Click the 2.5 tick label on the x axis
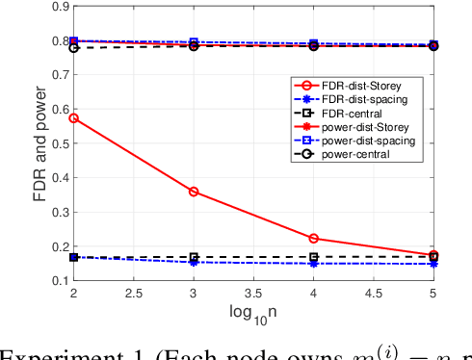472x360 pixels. pyautogui.click(x=134, y=293)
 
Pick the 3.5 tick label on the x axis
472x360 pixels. pyautogui.click(x=313, y=293)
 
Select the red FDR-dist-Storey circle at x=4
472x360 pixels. pyautogui.click(x=314, y=238)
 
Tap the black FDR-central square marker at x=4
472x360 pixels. pyautogui.click(x=314, y=257)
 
